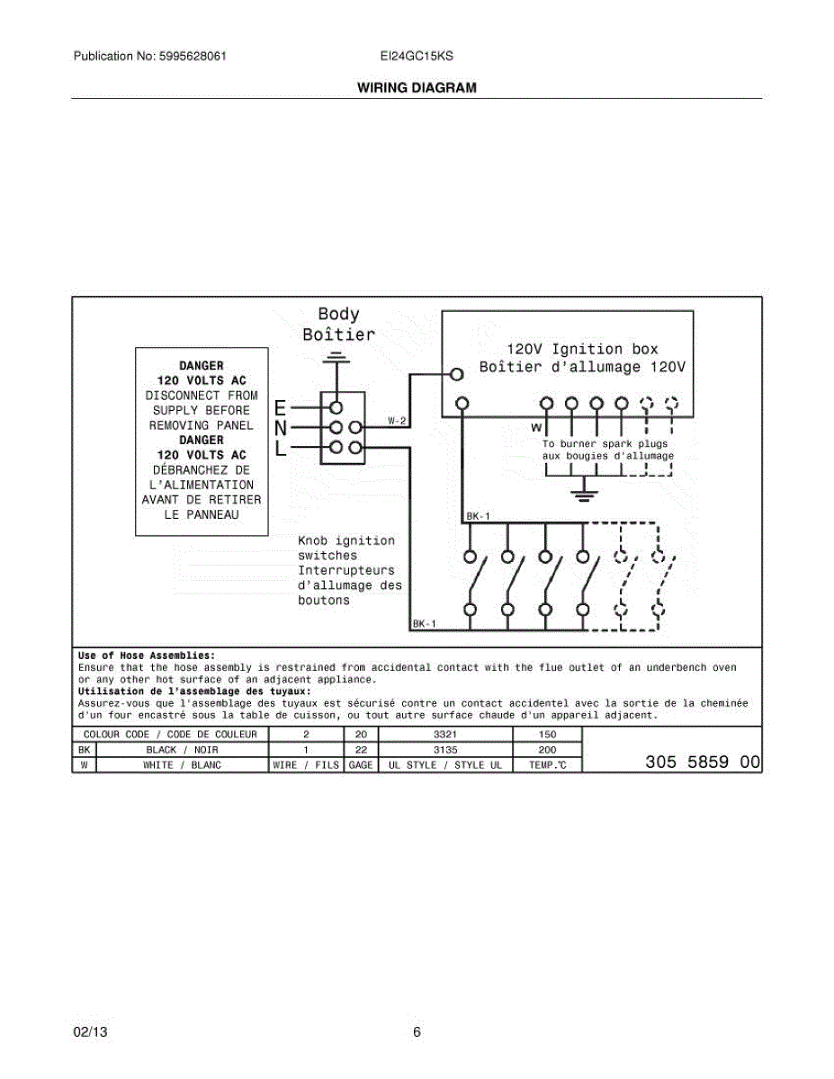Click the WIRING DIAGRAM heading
(417, 88)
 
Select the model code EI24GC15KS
(417, 56)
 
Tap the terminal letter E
(281, 406)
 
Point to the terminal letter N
(281, 427)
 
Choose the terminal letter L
(281, 448)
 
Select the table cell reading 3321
(445, 735)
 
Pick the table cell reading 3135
(445, 749)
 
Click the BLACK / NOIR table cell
(182, 749)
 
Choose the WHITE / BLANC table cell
(182, 765)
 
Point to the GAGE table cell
(361, 765)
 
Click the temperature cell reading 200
(547, 749)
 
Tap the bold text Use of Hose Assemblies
(147, 655)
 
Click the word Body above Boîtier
(338, 314)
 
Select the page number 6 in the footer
(417, 1032)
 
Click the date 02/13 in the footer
(88, 1032)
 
